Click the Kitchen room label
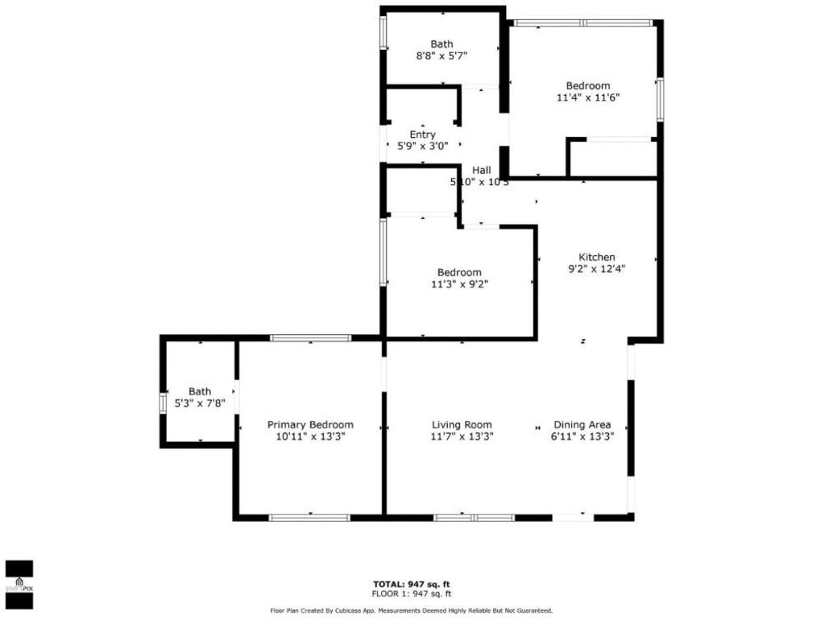pyautogui.click(x=596, y=258)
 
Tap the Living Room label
pyautogui.click(x=462, y=425)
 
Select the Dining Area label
pyautogui.click(x=582, y=425)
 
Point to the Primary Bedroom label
pyautogui.click(x=310, y=425)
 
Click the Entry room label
pyautogui.click(x=422, y=134)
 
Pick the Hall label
pyautogui.click(x=482, y=170)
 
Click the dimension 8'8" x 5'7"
pyautogui.click(x=442, y=56)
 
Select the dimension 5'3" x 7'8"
pyautogui.click(x=200, y=404)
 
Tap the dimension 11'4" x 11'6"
pyautogui.click(x=587, y=97)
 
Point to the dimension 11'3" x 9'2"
pyautogui.click(x=459, y=284)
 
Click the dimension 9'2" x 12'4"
pyautogui.click(x=596, y=270)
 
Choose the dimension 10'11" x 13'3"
pyautogui.click(x=310, y=436)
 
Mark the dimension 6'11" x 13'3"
pyautogui.click(x=582, y=436)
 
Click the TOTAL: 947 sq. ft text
pyautogui.click(x=412, y=584)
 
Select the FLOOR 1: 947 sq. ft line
pyautogui.click(x=412, y=593)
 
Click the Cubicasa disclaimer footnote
pyautogui.click(x=412, y=611)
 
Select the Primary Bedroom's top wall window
pyautogui.click(x=310, y=338)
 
